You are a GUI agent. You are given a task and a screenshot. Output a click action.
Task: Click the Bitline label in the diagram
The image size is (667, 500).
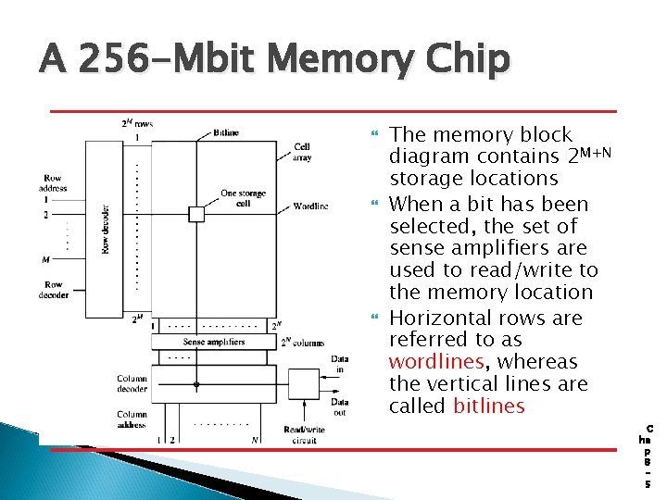coord(226,133)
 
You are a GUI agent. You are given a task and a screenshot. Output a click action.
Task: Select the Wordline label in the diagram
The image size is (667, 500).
coord(310,206)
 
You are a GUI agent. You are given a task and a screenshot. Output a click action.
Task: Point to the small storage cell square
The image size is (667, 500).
coord(195,214)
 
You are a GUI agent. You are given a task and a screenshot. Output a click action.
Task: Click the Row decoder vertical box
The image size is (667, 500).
coord(105,229)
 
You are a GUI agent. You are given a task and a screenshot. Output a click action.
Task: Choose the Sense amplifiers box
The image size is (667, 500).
coord(214,342)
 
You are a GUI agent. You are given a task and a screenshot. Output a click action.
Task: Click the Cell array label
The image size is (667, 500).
coord(302,152)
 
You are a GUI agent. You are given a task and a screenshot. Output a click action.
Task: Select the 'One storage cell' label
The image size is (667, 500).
coord(243,199)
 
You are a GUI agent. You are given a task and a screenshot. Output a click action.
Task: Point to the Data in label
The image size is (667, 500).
coord(340,365)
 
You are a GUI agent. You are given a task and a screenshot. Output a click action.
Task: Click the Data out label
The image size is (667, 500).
coord(340,406)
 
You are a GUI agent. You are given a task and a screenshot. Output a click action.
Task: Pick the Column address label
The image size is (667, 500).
coord(132,420)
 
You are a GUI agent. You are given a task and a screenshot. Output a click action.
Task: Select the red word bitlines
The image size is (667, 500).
coord(489,406)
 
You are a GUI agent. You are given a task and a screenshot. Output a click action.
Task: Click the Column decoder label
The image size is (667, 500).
coord(132,383)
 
